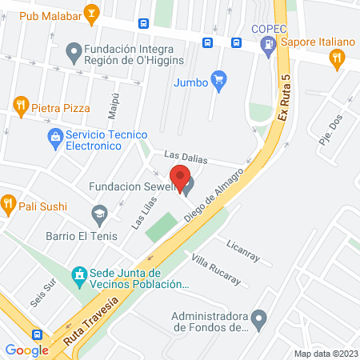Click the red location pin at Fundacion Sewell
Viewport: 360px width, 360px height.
[180, 177]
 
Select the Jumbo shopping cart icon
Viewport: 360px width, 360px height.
[220, 81]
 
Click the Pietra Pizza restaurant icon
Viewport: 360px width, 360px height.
[21, 105]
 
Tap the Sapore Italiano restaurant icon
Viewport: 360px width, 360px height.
[337, 57]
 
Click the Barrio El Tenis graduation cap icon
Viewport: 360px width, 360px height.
[99, 214]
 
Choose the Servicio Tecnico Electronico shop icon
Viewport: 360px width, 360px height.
[55, 138]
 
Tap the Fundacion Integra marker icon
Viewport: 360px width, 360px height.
[74, 53]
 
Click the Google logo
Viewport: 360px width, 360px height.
[27, 350]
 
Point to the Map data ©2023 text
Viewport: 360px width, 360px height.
[325, 354]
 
